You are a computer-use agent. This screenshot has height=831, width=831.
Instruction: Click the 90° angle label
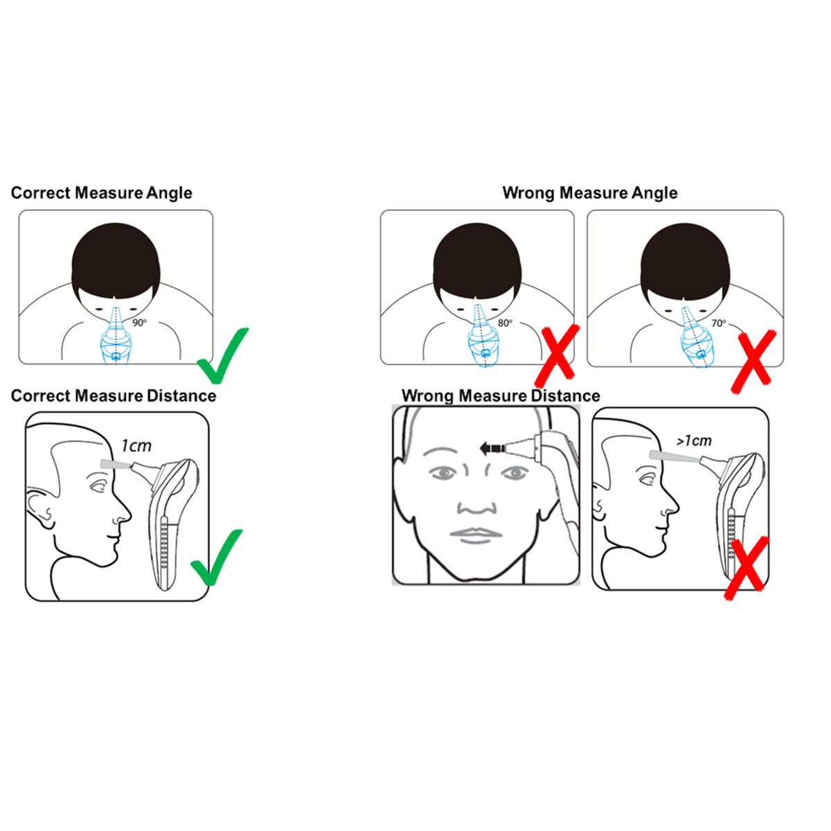(139, 323)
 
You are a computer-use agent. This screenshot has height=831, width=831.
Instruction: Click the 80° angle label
(505, 323)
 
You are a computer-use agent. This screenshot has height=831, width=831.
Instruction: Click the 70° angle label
(718, 323)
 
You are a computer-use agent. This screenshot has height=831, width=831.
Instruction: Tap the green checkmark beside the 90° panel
(222, 355)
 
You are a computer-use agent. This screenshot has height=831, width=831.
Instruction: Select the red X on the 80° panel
(557, 356)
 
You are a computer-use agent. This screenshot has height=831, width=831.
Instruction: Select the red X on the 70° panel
(753, 361)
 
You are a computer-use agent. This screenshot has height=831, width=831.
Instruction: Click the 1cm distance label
(136, 446)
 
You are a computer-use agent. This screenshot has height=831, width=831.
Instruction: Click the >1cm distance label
(694, 440)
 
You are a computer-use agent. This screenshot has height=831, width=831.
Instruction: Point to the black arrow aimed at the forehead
(495, 448)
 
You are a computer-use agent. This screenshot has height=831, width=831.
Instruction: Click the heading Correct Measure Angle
(102, 193)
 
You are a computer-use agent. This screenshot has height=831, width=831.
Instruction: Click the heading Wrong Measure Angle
(590, 193)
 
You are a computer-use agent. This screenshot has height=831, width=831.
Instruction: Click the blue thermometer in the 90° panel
(115, 337)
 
